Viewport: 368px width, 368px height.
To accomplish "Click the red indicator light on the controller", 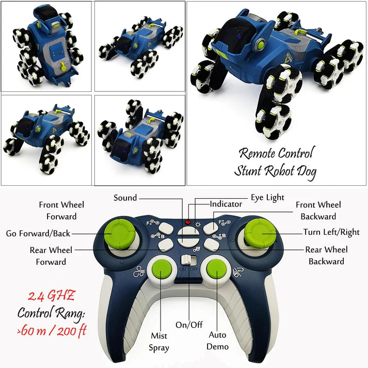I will click(188, 223).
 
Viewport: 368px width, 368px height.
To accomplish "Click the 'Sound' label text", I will click(125, 198).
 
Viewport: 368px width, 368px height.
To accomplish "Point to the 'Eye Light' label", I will click(267, 198).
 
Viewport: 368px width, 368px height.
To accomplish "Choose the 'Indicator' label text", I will click(226, 204).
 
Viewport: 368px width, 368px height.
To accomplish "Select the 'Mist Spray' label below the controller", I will click(159, 341).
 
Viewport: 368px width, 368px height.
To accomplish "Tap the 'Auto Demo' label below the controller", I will click(218, 341).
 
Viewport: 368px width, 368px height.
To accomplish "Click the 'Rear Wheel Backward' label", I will click(326, 255).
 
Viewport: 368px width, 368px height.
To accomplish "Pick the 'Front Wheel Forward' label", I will click(61, 211).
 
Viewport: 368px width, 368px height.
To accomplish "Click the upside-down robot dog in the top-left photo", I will click(46, 45).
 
